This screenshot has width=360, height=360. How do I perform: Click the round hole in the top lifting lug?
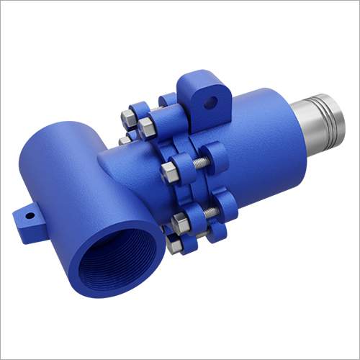point(210,103)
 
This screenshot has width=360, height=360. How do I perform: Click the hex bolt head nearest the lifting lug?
point(148,128)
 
